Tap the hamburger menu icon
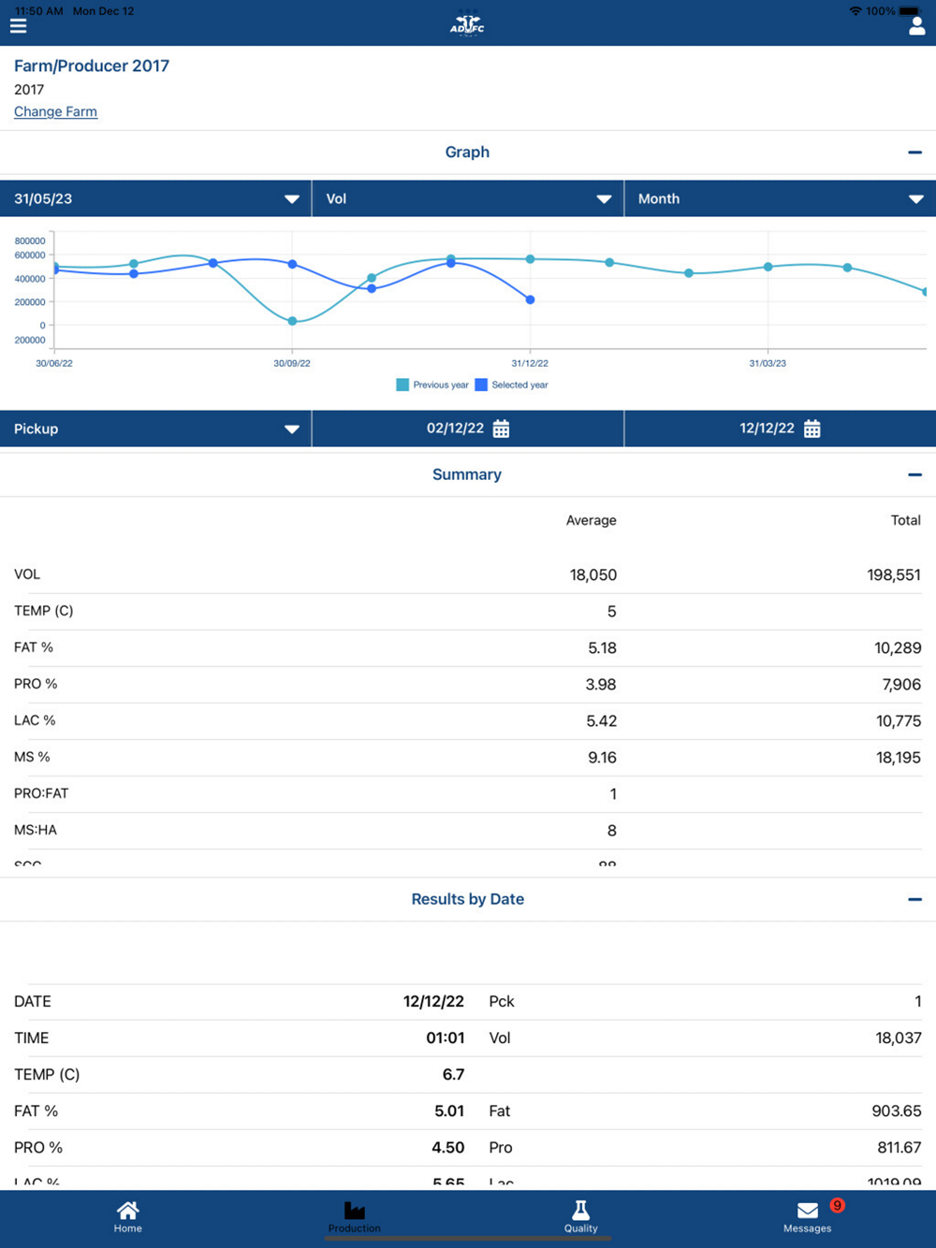click(x=19, y=25)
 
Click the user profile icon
click(x=916, y=26)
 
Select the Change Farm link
click(x=55, y=111)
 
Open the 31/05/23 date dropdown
click(x=155, y=198)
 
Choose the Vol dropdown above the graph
click(x=467, y=198)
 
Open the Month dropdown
click(x=780, y=198)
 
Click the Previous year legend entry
click(x=432, y=385)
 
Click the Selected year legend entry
click(x=512, y=385)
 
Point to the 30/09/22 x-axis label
click(x=292, y=363)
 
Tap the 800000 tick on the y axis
click(x=30, y=241)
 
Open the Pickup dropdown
click(x=155, y=428)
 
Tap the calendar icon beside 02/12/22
click(x=502, y=428)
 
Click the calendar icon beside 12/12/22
click(x=812, y=428)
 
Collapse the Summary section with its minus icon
click(x=914, y=474)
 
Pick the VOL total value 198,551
click(x=893, y=574)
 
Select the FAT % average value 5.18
click(x=600, y=647)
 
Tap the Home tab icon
click(x=128, y=1211)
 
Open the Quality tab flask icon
click(x=580, y=1211)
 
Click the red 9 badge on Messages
click(x=837, y=1205)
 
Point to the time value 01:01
click(x=445, y=1038)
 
